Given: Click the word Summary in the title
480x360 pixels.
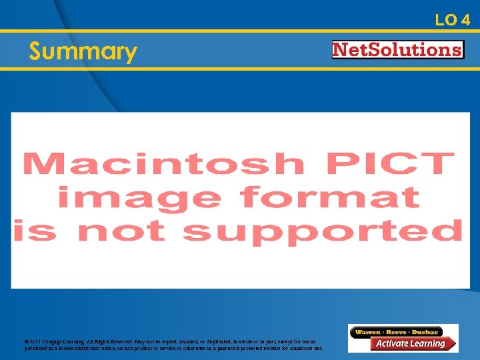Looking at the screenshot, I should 83,51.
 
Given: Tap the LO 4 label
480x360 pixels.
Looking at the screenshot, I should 453,20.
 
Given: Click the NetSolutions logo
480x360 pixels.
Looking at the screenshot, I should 397,50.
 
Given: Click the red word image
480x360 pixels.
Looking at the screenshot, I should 139,198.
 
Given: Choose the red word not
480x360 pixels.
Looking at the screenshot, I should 121,230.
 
